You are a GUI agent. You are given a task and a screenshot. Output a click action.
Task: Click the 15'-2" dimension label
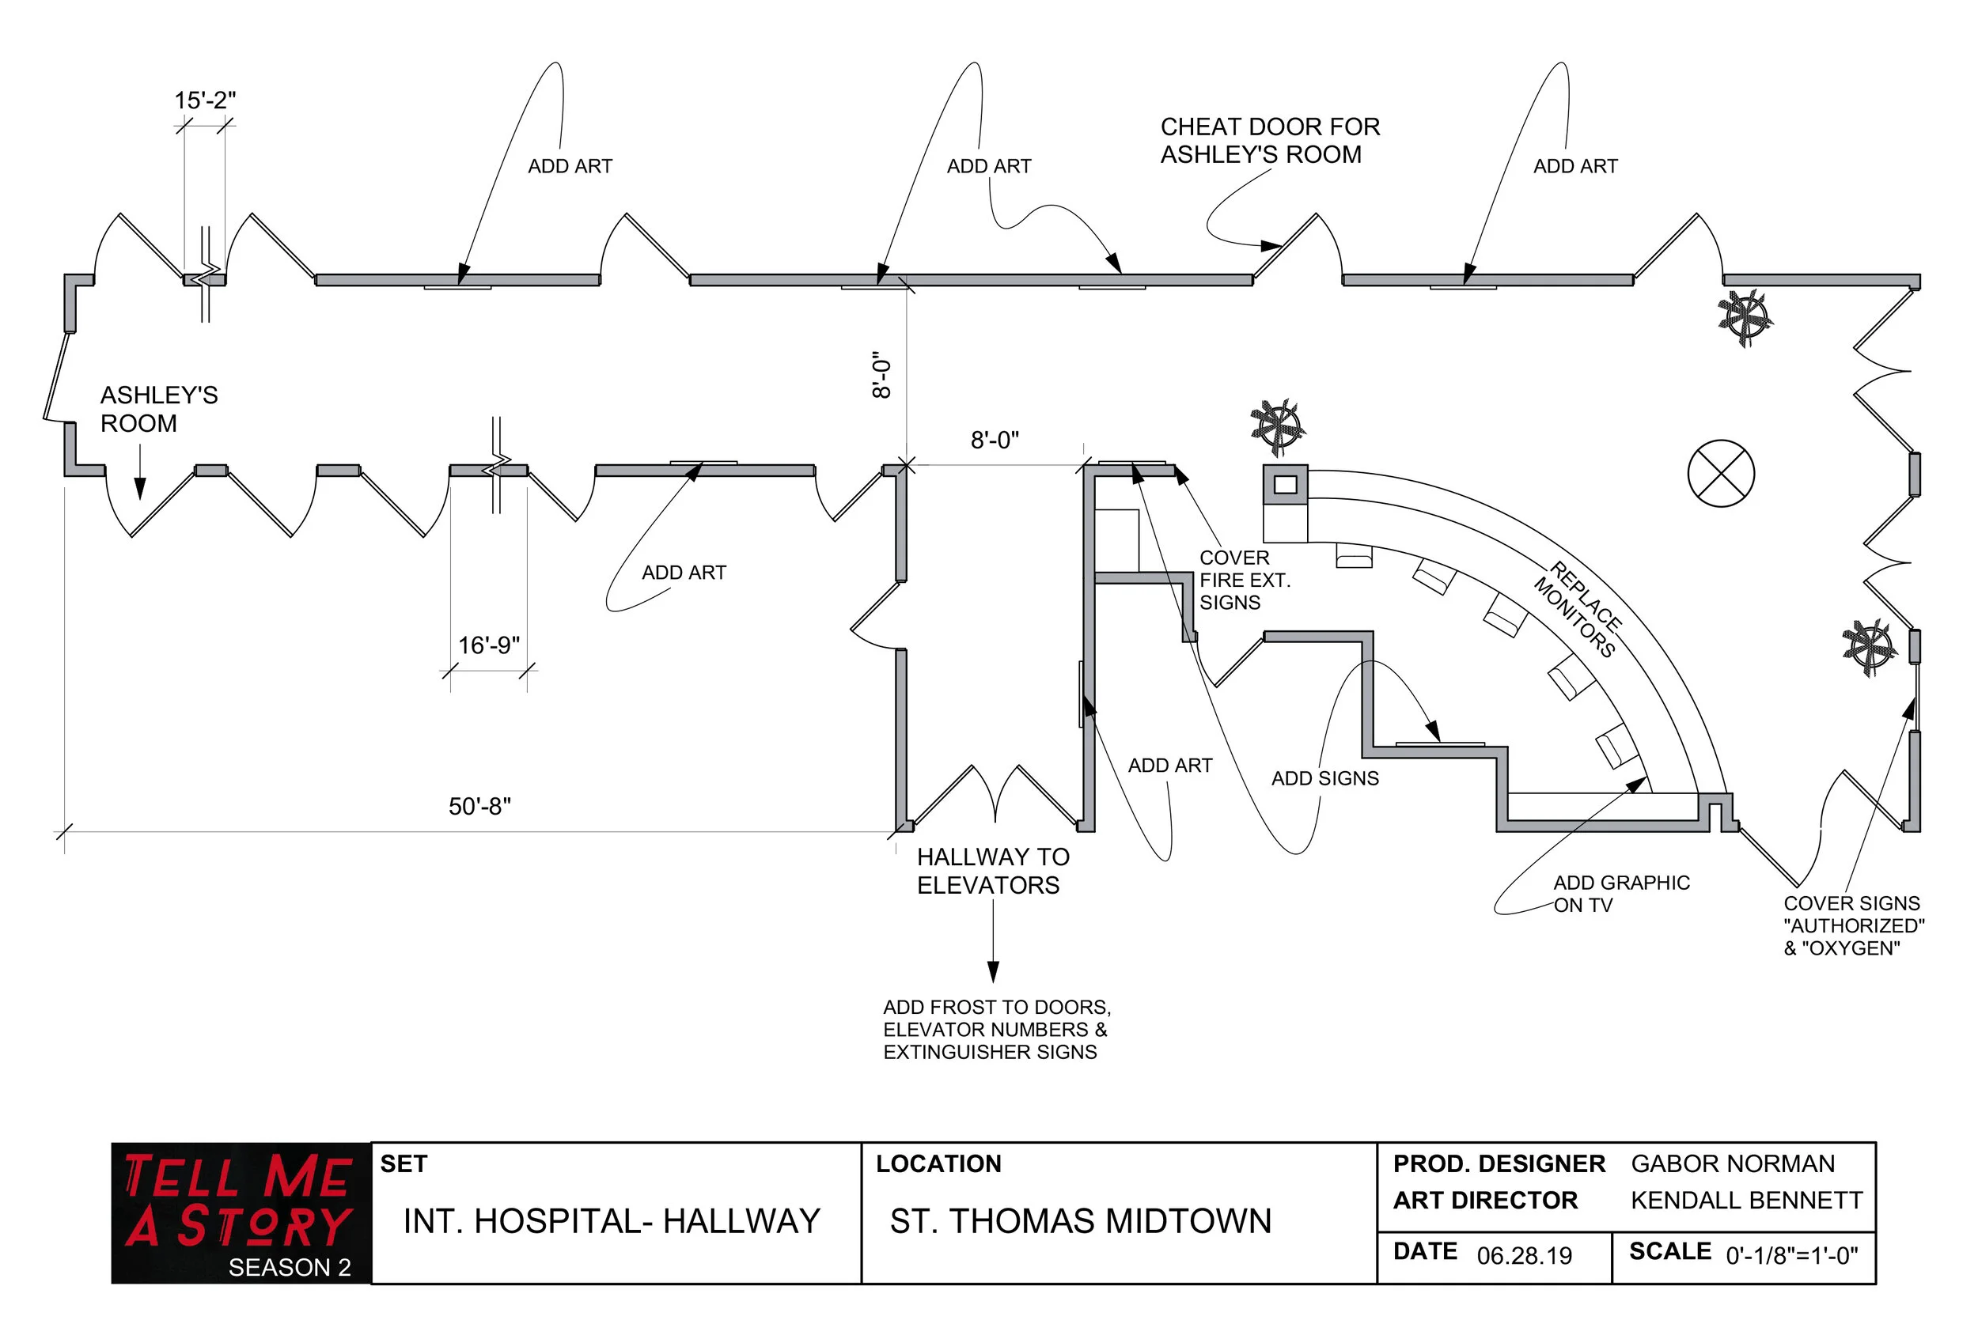coord(204,100)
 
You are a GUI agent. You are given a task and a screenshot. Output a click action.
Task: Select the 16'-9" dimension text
coord(488,645)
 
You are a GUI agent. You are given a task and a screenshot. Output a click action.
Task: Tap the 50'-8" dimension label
coord(479,807)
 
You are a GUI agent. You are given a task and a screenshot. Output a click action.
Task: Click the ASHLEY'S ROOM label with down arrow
coord(158,409)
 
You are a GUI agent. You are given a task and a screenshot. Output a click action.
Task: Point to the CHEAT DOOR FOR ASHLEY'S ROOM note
coord(1269,140)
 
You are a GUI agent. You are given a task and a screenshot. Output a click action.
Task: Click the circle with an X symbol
coord(1720,474)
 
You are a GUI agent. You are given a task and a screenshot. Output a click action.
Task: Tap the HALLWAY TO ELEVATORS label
coord(992,871)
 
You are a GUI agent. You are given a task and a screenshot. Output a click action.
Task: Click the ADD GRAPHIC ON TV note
coord(1620,894)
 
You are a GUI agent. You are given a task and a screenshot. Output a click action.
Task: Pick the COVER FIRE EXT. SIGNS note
coord(1245,581)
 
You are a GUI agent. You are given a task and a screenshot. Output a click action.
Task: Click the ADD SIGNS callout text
coord(1324,778)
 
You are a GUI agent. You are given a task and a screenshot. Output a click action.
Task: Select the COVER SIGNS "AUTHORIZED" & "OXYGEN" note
coord(1853,925)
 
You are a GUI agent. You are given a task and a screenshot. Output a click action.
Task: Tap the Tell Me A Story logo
coord(241,1212)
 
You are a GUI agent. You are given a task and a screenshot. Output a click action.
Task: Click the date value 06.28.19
coord(1524,1257)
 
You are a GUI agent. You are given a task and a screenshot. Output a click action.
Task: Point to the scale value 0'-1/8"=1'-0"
coord(1790,1256)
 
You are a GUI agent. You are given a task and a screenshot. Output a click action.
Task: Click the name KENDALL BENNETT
coord(1745,1201)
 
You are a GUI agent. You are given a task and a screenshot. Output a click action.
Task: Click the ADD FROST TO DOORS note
coord(996,1029)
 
